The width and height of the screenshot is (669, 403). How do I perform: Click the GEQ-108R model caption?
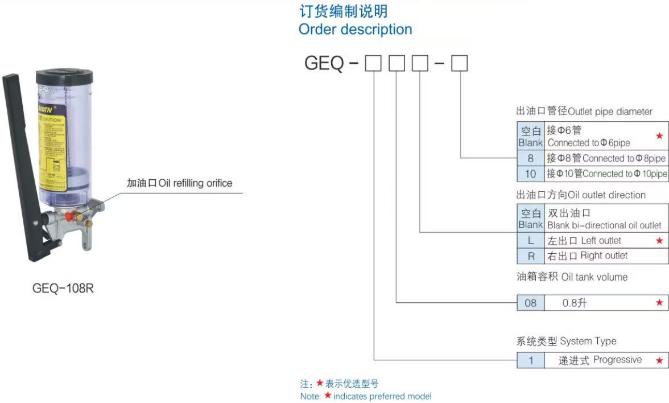coord(63,289)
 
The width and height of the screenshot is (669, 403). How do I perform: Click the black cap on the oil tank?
coord(64,77)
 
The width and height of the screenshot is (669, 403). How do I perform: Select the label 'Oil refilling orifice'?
coord(195,183)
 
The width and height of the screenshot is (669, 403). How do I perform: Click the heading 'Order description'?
coord(355,29)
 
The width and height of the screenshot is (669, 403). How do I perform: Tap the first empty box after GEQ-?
coord(373,64)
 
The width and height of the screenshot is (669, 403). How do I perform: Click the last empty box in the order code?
coord(459,64)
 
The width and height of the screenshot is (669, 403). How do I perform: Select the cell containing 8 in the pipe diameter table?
coord(530,158)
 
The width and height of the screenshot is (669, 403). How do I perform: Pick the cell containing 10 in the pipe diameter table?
coord(530,174)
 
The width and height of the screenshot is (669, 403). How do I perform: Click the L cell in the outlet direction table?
coord(530,241)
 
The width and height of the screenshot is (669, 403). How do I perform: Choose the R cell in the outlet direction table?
coord(530,256)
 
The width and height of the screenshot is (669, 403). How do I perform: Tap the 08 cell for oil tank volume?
coord(530,303)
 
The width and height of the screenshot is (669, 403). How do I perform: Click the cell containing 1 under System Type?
coord(530,360)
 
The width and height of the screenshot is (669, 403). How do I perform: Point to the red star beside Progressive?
coord(659,360)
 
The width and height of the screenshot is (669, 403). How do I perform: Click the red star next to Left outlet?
coord(659,241)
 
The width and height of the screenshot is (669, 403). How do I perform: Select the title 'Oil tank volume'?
coord(594,277)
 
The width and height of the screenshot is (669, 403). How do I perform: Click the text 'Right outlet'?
coord(604,256)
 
